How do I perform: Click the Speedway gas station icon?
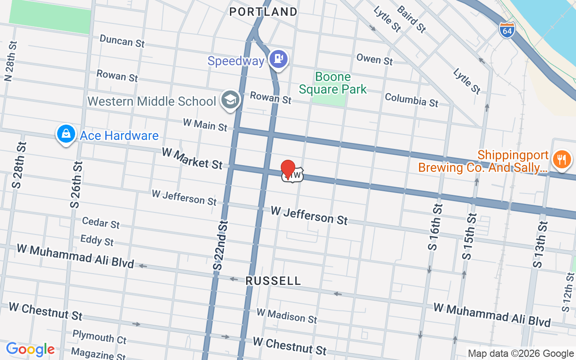point(279,59)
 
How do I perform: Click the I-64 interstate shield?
point(506,31)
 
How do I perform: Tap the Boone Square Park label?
point(333,83)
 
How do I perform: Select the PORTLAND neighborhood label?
point(263,12)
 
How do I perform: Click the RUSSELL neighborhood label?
point(273,281)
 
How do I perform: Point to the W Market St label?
point(192,159)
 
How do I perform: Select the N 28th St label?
point(10,62)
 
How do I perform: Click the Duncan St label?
point(122,41)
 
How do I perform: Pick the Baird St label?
point(411,19)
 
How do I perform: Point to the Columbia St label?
point(411,99)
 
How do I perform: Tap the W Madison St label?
point(287,315)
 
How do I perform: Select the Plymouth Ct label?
point(99,337)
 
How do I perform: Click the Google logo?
point(30,349)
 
